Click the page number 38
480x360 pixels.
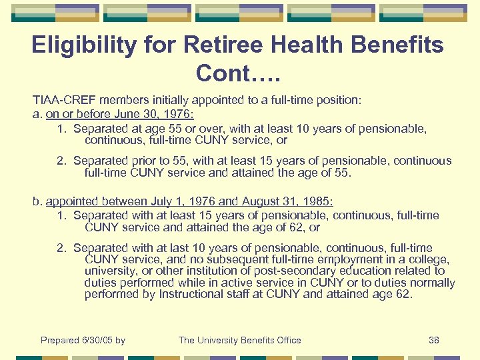click(x=434, y=340)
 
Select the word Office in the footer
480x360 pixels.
click(x=287, y=340)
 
